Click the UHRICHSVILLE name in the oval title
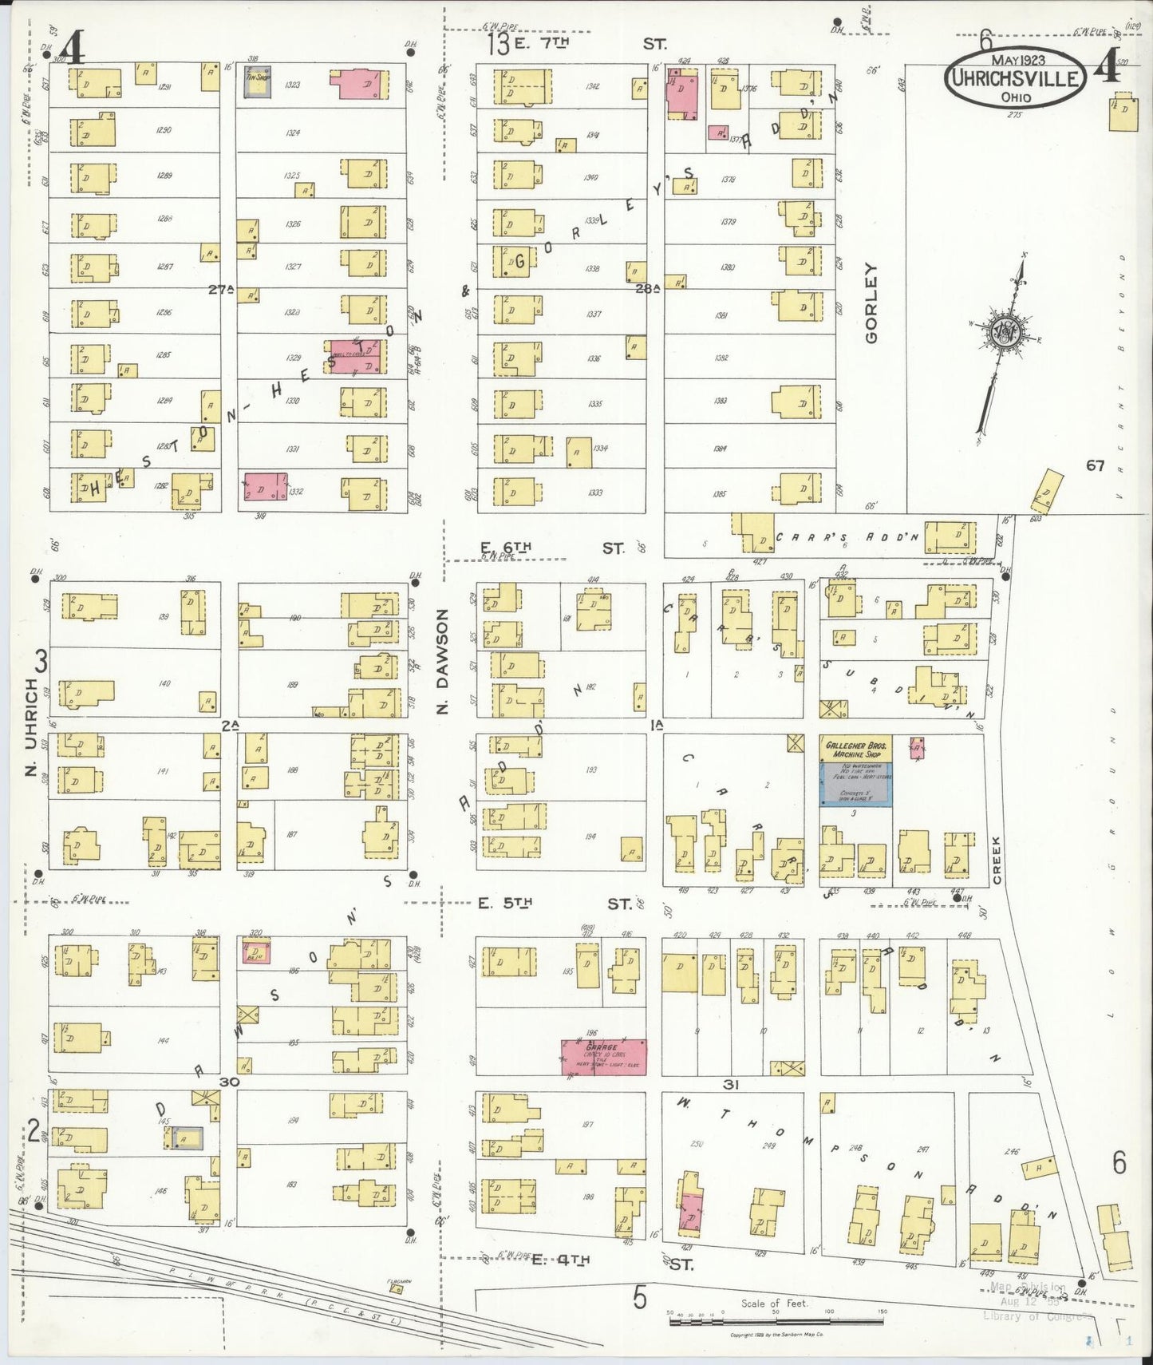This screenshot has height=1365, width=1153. [x=1013, y=78]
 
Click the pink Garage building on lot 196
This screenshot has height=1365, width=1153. [x=604, y=1056]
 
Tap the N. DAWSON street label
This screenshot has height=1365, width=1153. [x=443, y=661]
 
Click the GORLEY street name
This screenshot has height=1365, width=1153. [x=870, y=303]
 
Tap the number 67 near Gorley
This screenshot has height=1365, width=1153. [x=1095, y=465]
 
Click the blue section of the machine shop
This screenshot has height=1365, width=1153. [x=855, y=785]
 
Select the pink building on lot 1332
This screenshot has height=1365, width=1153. [x=265, y=487]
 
